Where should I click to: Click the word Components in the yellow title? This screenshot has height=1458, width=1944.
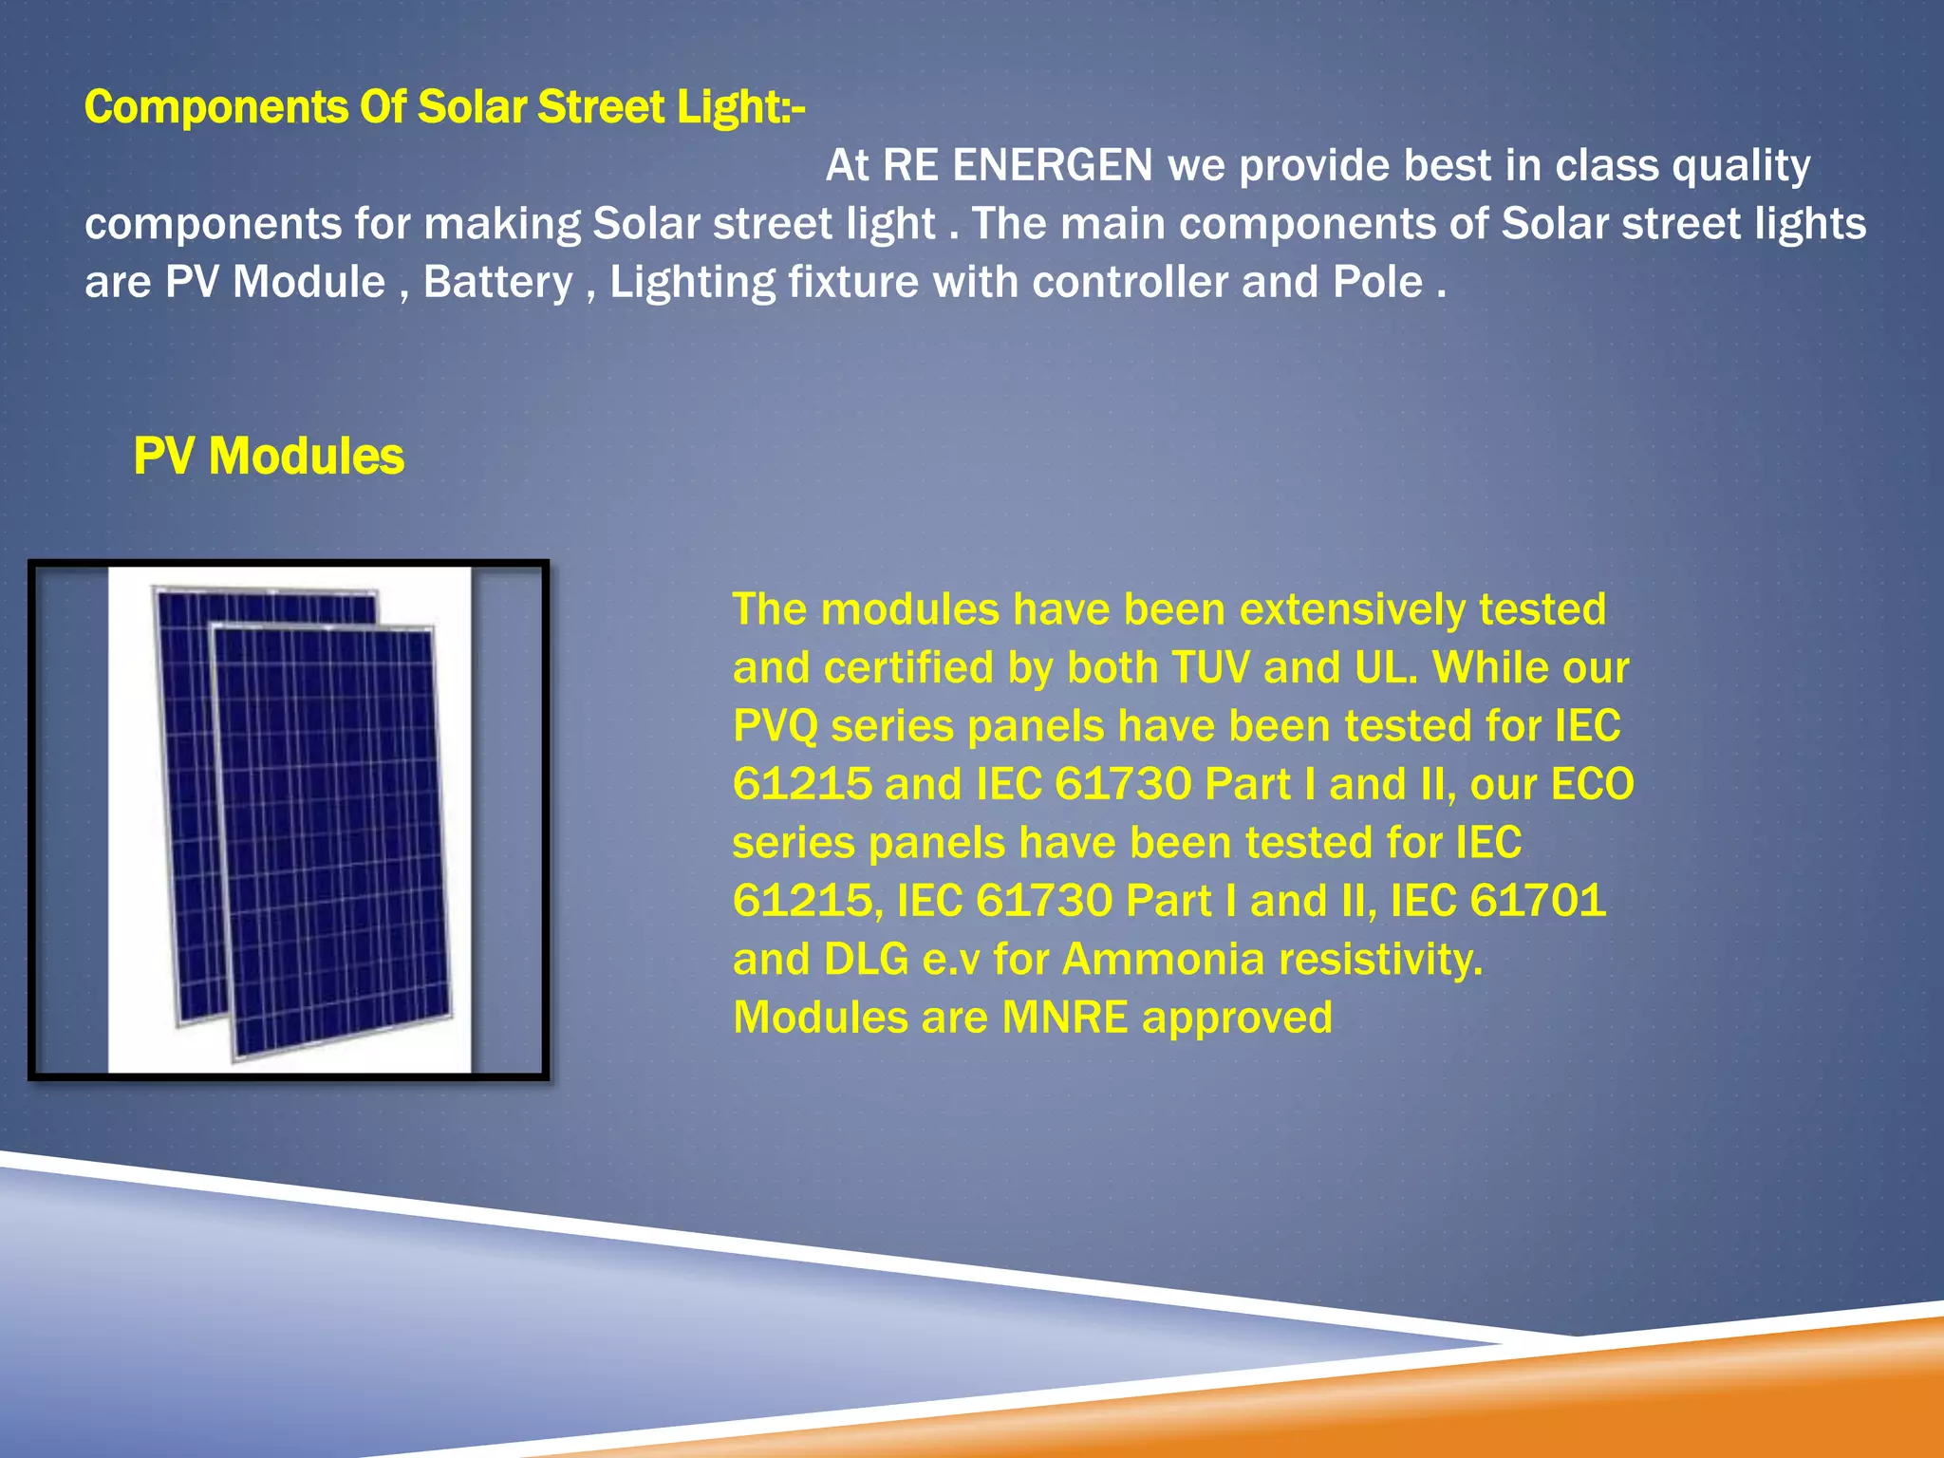click(215, 107)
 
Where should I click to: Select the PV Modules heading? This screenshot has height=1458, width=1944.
click(269, 457)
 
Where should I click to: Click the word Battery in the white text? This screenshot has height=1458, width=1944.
click(497, 283)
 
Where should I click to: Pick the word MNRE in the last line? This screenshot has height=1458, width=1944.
click(1065, 1018)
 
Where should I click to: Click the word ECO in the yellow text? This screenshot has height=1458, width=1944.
click(1592, 785)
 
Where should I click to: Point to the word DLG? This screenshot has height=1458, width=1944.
click(867, 960)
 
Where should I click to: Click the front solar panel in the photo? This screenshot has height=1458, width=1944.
click(332, 845)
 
